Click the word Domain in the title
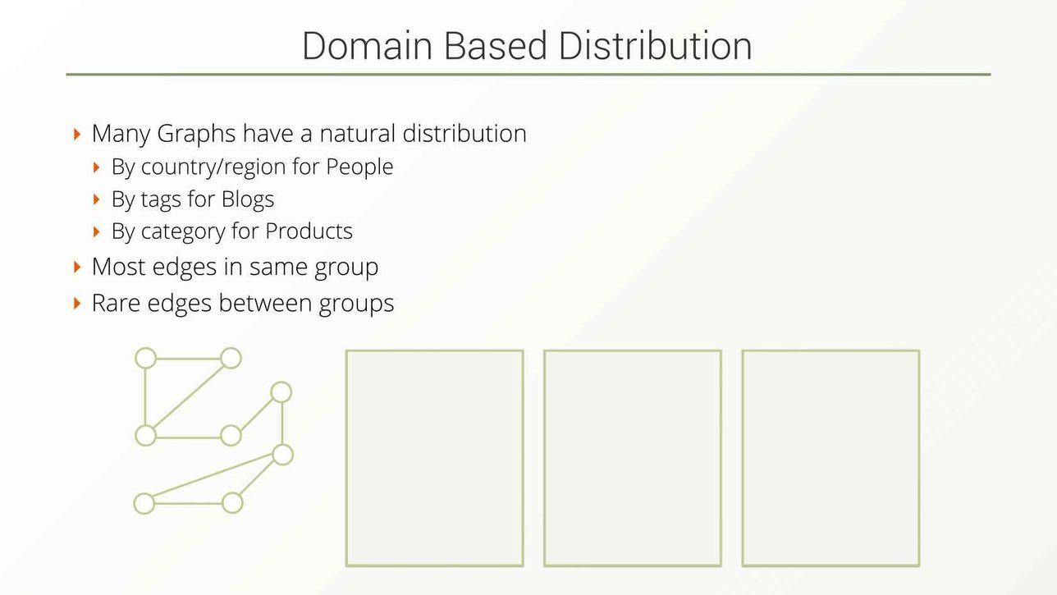tap(367, 46)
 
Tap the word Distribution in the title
tap(655, 46)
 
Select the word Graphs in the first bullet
tap(196, 134)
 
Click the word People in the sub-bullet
tap(359, 167)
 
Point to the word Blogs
tap(248, 199)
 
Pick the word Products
tap(309, 231)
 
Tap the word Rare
tap(116, 303)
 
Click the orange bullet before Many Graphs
tap(77, 134)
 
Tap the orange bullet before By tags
tap(97, 199)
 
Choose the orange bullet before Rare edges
tap(77, 303)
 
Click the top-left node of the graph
tap(146, 358)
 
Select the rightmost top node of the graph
tap(281, 392)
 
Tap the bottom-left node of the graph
tap(144, 503)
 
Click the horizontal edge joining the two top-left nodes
tap(188, 359)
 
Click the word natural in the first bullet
tap(358, 134)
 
